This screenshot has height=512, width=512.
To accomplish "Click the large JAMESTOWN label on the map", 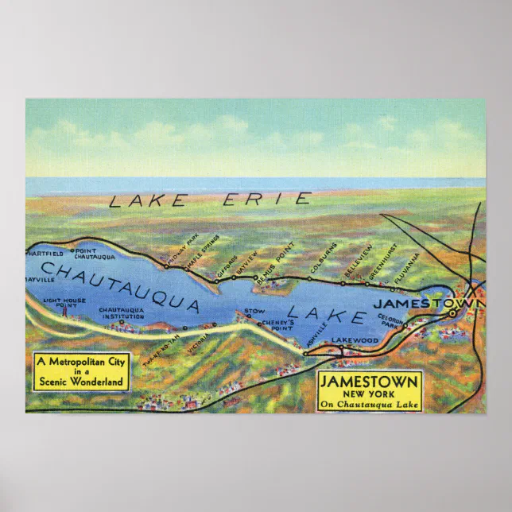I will (x=429, y=303).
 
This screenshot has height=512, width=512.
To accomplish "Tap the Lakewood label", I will (x=355, y=340).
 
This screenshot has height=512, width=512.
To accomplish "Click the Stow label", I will (x=254, y=311).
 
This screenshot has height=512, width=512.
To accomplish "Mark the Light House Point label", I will (x=63, y=304).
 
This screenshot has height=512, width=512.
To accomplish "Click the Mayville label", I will (x=40, y=281).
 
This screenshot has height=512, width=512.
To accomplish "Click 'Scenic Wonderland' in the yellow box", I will (x=81, y=382).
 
